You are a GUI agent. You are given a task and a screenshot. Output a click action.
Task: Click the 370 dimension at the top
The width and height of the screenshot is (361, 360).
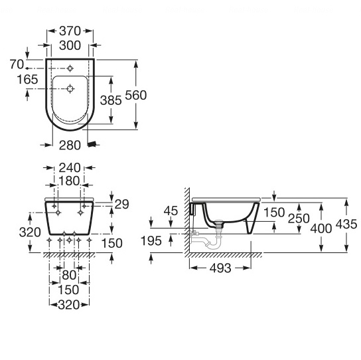[x=70, y=31]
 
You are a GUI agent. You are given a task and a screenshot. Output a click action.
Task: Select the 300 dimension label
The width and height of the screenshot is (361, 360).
[x=70, y=45]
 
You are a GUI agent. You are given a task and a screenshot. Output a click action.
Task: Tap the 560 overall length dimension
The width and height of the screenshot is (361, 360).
[x=136, y=95]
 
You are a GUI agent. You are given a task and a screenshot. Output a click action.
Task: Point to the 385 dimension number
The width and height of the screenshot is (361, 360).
[x=111, y=100]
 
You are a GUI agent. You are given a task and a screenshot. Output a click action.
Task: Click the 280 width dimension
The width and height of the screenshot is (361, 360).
[x=70, y=145]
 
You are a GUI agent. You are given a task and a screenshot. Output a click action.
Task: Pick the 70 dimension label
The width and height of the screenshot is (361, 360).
[x=17, y=64]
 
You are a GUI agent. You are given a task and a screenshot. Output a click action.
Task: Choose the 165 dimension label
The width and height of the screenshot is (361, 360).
[x=27, y=80]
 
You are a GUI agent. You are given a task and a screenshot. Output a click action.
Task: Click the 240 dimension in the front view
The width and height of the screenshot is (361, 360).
[x=70, y=167]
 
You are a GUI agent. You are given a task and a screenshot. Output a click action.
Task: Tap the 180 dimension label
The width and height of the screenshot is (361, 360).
[x=69, y=181]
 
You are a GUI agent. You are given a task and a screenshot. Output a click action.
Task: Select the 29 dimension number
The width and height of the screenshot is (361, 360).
[x=122, y=204]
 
